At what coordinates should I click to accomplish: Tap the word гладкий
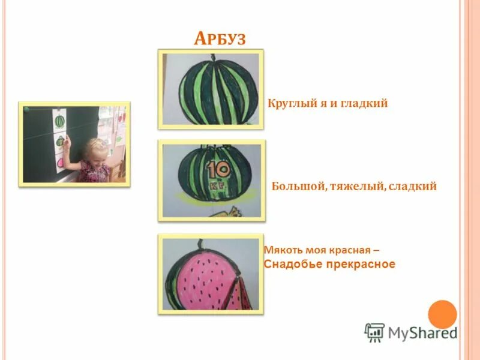(365, 103)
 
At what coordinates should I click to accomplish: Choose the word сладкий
(413, 187)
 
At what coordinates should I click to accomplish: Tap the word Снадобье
(293, 264)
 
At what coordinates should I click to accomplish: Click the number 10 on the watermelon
(219, 170)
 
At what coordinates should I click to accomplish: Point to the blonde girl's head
(96, 148)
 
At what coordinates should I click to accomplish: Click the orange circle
(443, 314)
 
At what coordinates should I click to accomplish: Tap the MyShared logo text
(422, 332)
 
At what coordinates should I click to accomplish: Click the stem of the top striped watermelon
(211, 58)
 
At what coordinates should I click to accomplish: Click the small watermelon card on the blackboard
(60, 121)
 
